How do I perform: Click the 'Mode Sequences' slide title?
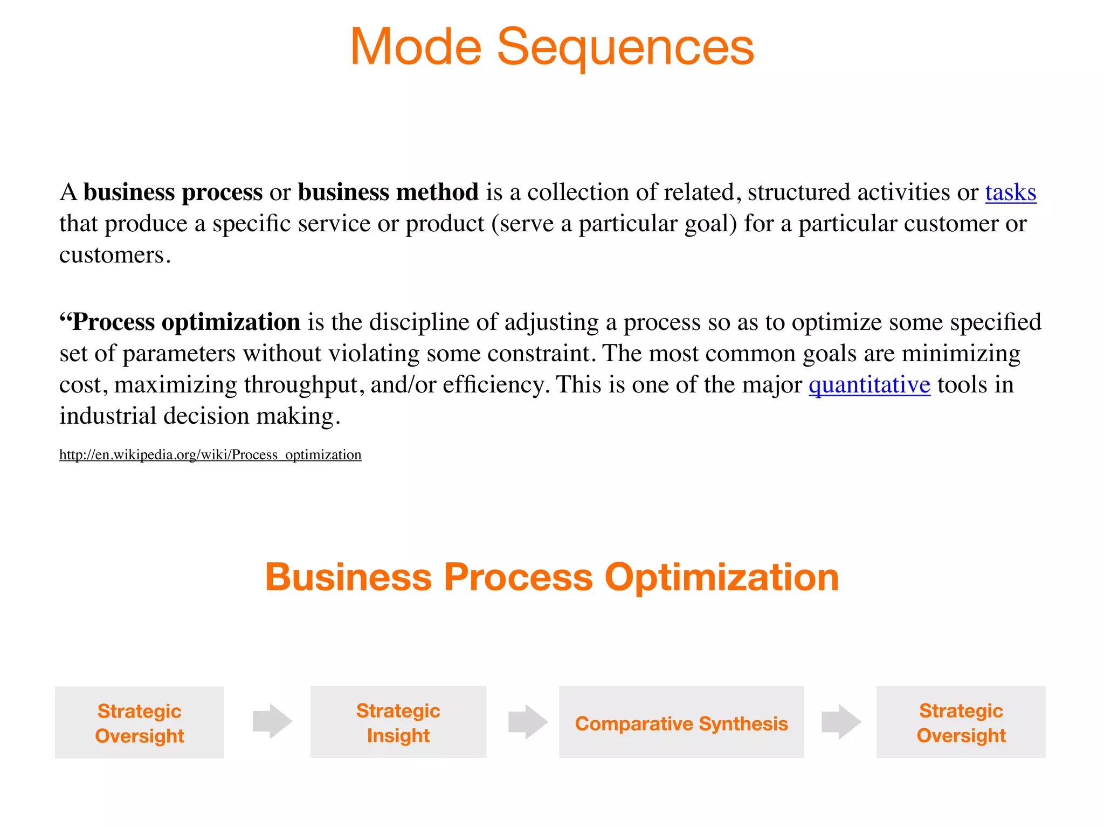(552, 47)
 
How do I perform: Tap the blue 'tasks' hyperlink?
(1010, 192)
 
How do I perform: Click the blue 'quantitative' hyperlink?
(869, 385)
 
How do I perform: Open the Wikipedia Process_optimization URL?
(210, 454)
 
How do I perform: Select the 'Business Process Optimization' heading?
(552, 577)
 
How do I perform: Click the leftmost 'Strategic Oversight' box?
(140, 722)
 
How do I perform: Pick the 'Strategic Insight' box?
(398, 722)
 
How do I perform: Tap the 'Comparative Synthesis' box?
(681, 722)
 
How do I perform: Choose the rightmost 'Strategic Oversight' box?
(961, 722)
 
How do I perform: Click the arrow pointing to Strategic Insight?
(273, 721)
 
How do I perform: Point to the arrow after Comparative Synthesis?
(841, 721)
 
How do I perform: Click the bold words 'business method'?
(388, 192)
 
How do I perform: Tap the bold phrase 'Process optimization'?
(186, 322)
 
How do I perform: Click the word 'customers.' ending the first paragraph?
(115, 255)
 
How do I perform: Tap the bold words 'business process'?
(172, 192)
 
